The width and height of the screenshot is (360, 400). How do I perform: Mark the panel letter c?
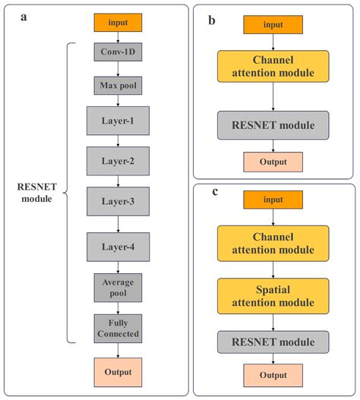click(214, 193)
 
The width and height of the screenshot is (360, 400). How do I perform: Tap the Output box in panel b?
click(273, 162)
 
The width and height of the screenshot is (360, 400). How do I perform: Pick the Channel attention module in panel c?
click(273, 241)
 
